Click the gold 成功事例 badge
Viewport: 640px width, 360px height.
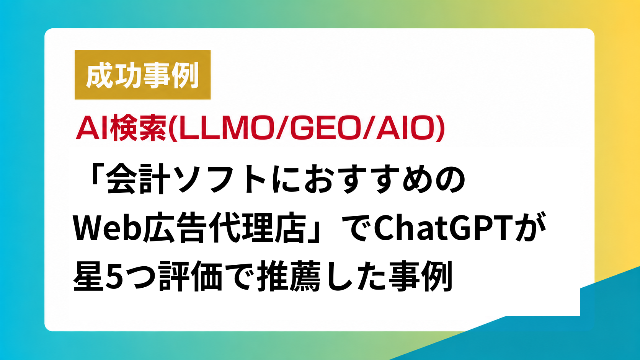(142, 75)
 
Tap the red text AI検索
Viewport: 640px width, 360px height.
(121, 129)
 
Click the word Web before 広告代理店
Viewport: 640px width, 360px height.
(108, 228)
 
